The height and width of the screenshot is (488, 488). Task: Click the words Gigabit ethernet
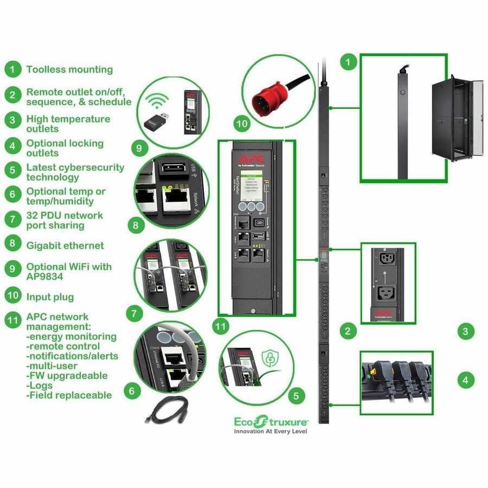[x=65, y=246]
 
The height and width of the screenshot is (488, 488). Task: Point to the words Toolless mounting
[x=69, y=69]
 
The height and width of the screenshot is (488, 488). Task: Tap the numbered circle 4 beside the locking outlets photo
[x=465, y=380]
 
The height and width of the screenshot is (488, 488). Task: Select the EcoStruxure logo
[x=271, y=421]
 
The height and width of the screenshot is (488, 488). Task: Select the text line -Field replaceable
[x=69, y=395]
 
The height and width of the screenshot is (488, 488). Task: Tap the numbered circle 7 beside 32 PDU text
[x=12, y=220]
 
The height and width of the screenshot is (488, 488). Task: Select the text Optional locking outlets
[x=65, y=148]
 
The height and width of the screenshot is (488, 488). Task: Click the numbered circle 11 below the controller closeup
[x=220, y=326]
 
